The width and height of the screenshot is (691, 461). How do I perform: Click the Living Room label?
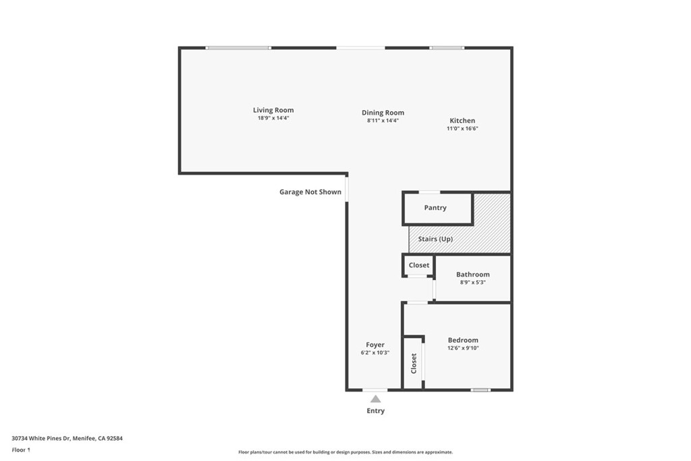pos(273,110)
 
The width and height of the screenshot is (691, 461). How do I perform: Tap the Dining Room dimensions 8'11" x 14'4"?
pos(383,120)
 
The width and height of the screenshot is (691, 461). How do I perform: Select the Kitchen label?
pos(462,120)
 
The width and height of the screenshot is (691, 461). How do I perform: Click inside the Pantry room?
pos(438,208)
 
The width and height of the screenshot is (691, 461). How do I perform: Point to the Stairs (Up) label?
pos(435,239)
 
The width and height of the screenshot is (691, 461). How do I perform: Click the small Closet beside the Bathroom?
pos(418,265)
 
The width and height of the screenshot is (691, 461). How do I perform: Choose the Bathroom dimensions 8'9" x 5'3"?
pos(473,283)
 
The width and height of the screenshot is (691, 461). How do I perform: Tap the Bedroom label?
pos(463,340)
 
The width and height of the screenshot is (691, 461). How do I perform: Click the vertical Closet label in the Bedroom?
pos(414,363)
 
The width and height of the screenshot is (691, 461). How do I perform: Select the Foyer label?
pos(375,345)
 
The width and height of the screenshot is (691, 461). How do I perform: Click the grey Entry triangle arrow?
pos(375,399)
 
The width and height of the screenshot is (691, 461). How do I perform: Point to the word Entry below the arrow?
pos(375,411)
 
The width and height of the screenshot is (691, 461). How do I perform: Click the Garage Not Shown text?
pos(310,192)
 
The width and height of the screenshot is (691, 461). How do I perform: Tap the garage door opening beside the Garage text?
pos(347,188)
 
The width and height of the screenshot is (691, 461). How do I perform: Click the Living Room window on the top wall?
pos(238,48)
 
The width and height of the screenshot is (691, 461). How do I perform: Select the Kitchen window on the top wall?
pos(447,48)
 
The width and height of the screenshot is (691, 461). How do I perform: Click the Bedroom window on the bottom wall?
pos(480,389)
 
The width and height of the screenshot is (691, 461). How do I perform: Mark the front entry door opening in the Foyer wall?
pos(375,389)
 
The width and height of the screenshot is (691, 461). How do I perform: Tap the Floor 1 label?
pos(21,450)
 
